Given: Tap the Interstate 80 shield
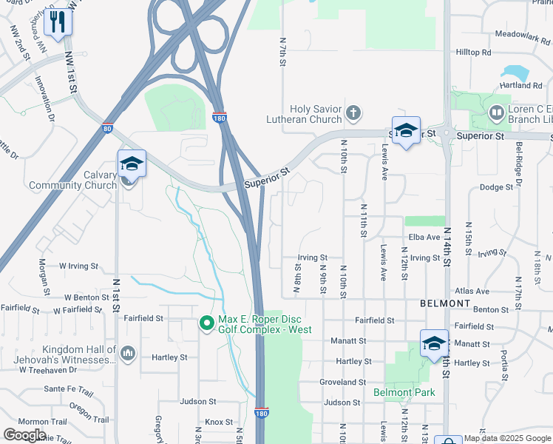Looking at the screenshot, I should pos(108,129).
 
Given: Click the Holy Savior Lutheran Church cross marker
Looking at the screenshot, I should pos(353,112).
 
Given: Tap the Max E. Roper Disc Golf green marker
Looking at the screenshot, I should pos(207,323).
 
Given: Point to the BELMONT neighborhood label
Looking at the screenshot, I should pos(445,303).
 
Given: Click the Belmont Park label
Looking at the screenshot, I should pos(404,392).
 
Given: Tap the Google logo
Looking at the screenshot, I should pos(24,435).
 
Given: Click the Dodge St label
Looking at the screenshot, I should pos(496,187).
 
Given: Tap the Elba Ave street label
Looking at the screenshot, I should pos(424,237).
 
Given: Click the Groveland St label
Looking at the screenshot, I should pos(343,383).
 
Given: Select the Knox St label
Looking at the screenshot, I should pos(219,422).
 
